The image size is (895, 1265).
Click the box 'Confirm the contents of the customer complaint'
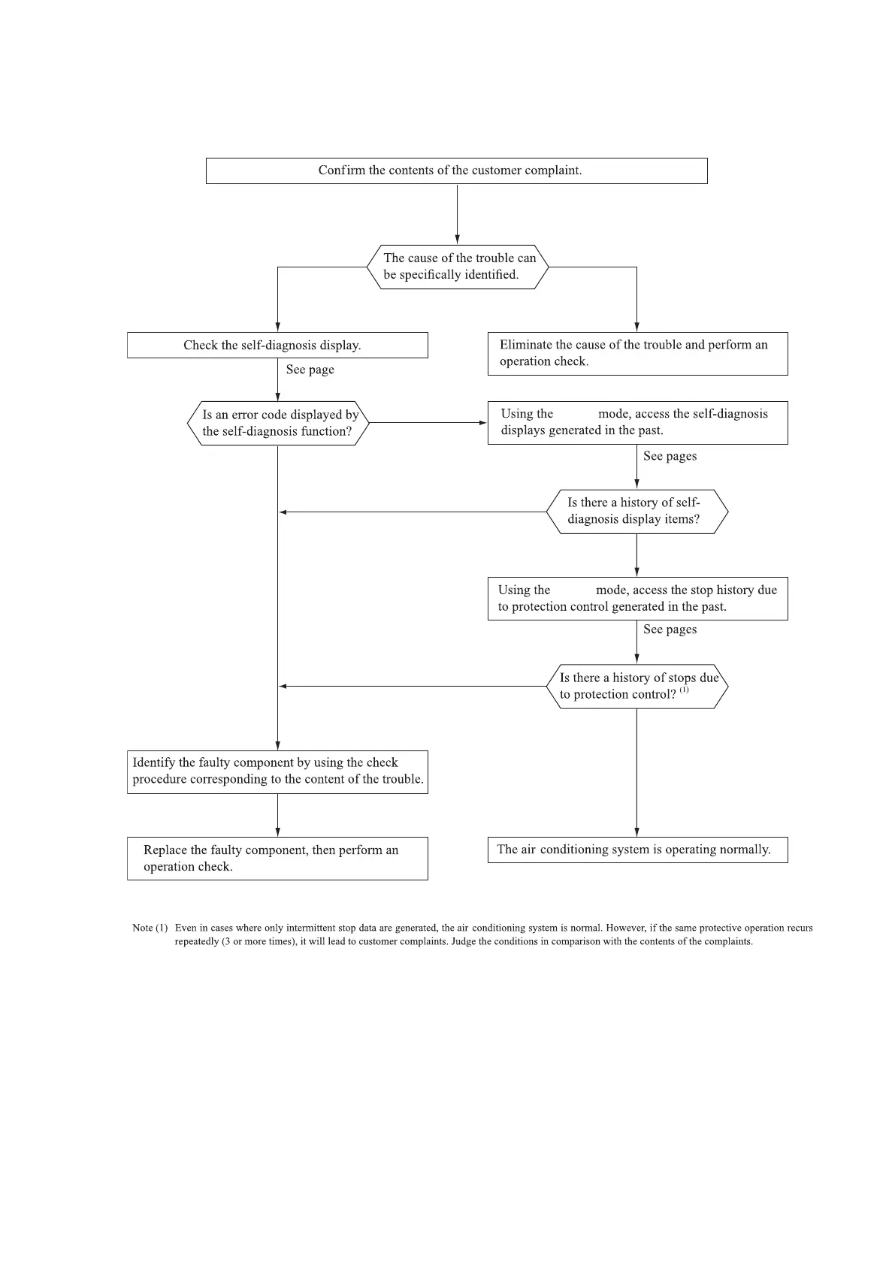[456, 171]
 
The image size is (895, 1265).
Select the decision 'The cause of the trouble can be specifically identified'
[458, 267]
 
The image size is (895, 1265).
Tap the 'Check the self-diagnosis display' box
[277, 346]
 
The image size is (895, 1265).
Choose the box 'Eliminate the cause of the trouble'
[637, 353]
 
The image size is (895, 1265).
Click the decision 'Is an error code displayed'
[278, 423]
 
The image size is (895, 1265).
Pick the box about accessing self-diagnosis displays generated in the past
[637, 422]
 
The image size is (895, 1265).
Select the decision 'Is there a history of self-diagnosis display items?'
[636, 512]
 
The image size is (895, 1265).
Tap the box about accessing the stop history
[637, 598]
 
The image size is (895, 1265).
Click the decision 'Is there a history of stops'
[636, 686]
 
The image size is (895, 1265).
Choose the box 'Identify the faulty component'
[277, 771]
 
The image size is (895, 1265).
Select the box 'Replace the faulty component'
[277, 858]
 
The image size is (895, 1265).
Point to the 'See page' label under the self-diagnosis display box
[310, 370]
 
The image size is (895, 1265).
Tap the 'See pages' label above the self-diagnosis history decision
[670, 456]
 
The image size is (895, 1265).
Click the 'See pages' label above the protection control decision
[670, 629]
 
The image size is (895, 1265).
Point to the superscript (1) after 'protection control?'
[684, 690]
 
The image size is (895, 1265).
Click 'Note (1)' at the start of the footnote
[150, 928]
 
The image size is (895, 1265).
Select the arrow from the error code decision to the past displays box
[428, 423]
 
